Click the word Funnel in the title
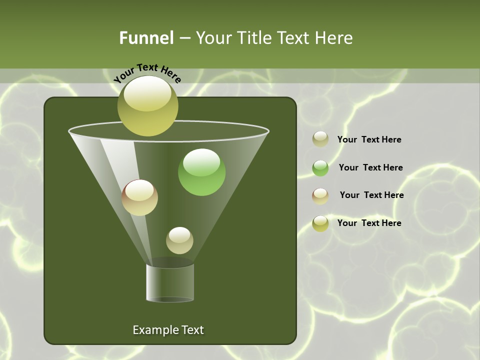[146, 38]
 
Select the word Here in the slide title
[334, 38]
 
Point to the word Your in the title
[213, 38]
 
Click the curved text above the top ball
[147, 72]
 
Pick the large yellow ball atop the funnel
[147, 105]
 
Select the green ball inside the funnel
[201, 172]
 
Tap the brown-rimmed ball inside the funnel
[139, 197]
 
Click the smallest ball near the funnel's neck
[179, 240]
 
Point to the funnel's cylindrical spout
[170, 282]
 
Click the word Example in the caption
[155, 330]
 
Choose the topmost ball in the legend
[320, 139]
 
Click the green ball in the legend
[320, 168]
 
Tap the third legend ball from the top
[320, 196]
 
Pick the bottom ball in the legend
[320, 223]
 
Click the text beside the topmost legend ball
[369, 140]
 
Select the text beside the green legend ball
[370, 168]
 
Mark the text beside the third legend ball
[371, 195]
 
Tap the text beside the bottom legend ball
[369, 223]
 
